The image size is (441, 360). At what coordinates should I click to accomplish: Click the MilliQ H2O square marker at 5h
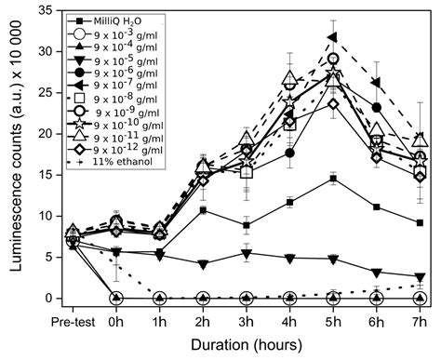tap(332, 179)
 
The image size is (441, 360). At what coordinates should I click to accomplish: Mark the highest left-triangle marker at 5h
tap(332, 37)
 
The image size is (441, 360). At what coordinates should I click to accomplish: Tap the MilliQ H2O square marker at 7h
tap(420, 222)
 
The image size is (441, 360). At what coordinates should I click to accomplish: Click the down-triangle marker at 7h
tap(420, 276)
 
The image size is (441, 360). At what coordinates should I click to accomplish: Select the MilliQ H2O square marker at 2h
tap(203, 210)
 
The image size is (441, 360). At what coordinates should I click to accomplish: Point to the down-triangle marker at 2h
tap(203, 264)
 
